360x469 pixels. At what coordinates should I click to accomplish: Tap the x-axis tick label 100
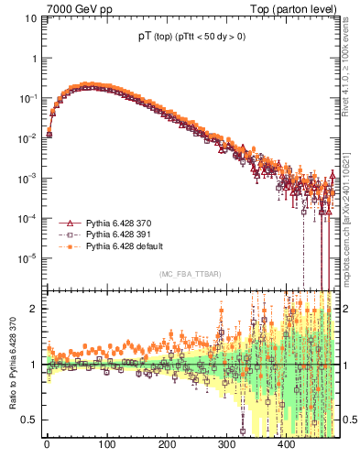106,446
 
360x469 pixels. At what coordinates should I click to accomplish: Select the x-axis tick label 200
166,446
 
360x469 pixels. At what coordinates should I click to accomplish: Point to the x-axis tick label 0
47,446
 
